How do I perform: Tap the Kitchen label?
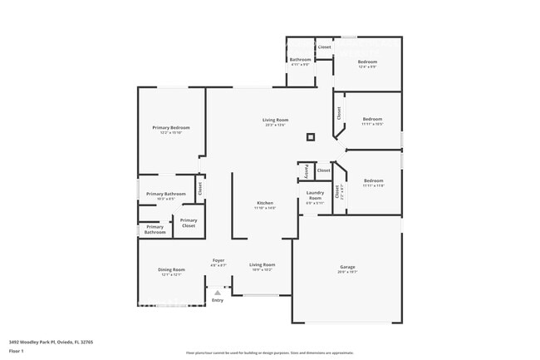[265, 205]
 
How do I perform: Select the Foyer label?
[218, 262]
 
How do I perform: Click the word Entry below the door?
[218, 300]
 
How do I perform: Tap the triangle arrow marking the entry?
[218, 292]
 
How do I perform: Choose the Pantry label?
[307, 170]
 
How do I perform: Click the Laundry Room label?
[315, 197]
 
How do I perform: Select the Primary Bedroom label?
[171, 129]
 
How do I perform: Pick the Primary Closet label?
[189, 223]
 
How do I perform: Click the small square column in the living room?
[311, 137]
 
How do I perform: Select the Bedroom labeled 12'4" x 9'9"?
[368, 63]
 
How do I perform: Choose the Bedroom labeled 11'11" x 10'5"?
[373, 121]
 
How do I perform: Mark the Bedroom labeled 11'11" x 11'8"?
[373, 182]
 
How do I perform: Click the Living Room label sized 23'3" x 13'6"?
[275, 122]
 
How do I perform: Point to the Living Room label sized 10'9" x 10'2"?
[262, 267]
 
